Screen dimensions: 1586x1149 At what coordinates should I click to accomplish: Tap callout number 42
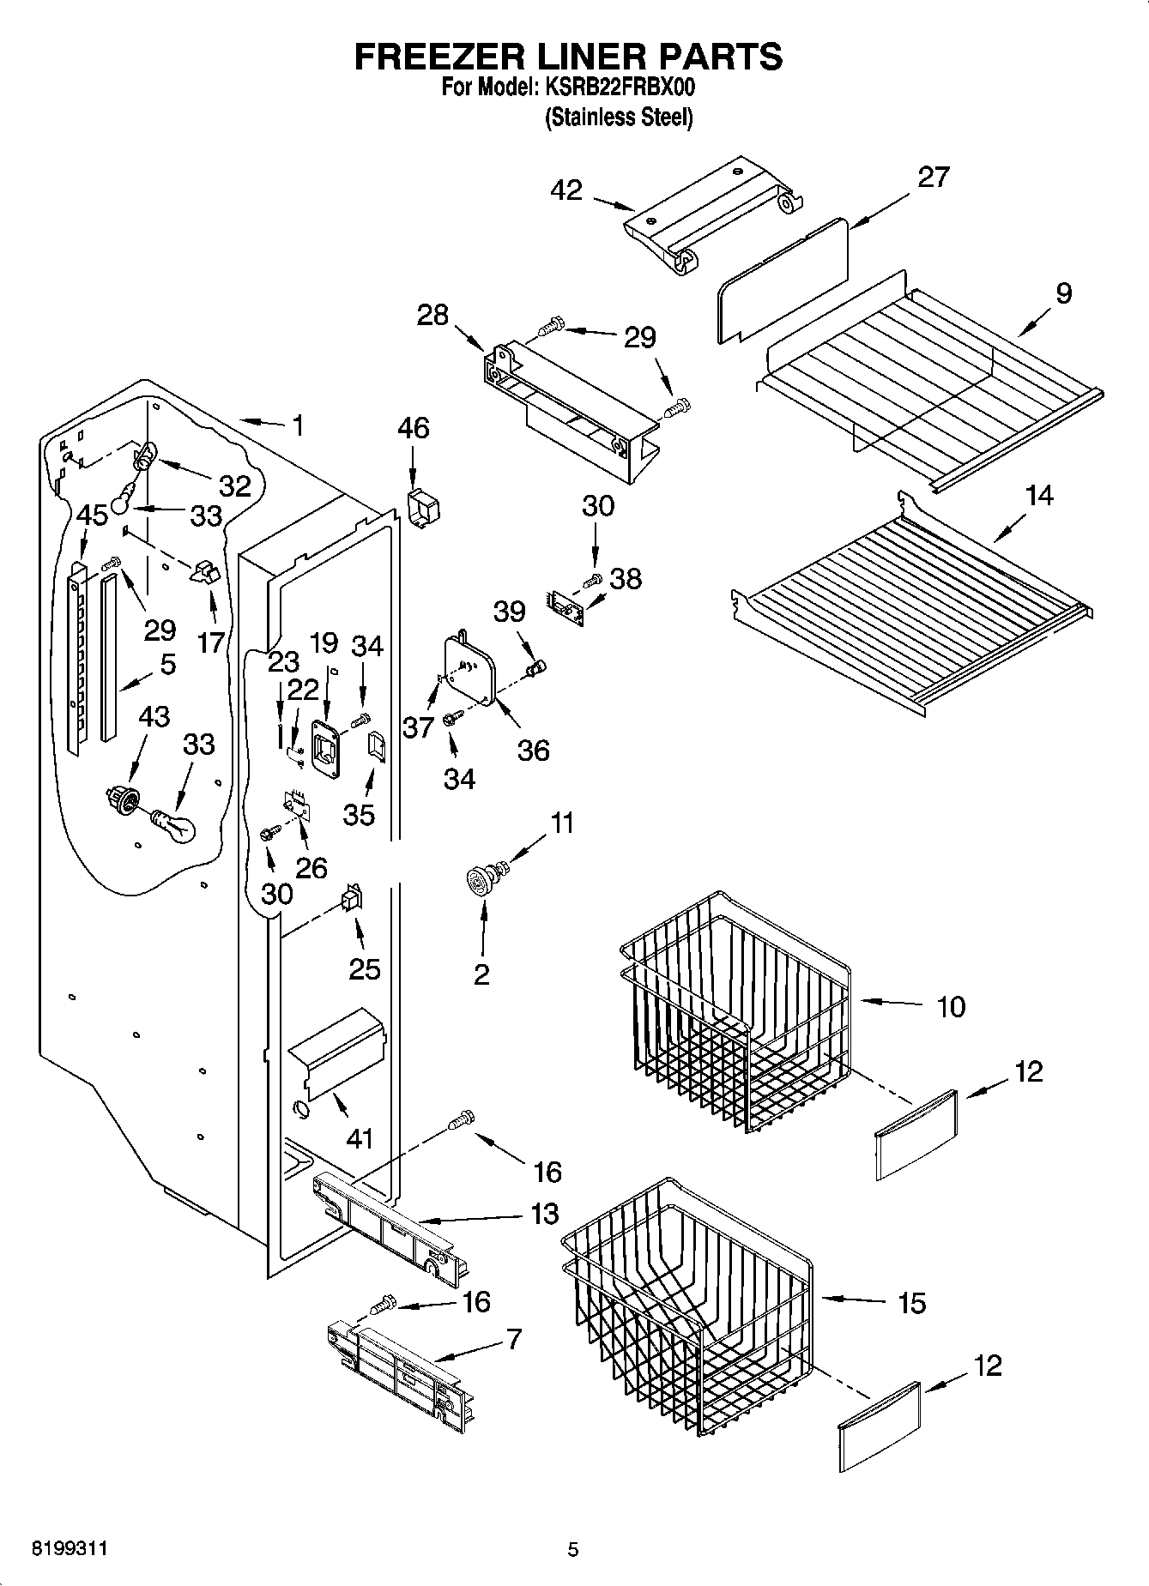click(x=567, y=190)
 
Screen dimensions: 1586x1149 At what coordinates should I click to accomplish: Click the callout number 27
click(x=934, y=177)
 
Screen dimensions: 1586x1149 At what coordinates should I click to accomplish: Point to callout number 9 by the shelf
click(x=1063, y=293)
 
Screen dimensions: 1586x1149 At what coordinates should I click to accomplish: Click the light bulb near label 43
click(x=175, y=825)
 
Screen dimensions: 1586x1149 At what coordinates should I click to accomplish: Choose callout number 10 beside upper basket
click(x=951, y=1006)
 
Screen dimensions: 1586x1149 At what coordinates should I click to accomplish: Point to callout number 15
click(x=911, y=1303)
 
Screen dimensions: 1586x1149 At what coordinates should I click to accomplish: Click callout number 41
click(x=360, y=1138)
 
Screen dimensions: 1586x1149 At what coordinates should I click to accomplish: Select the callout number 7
click(x=513, y=1338)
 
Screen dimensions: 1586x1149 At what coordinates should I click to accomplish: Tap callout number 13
click(x=544, y=1214)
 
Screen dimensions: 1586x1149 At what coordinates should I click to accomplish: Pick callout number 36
click(x=533, y=751)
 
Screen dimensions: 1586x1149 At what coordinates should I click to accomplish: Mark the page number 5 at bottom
click(x=572, y=1549)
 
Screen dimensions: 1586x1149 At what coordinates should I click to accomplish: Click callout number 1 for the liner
click(x=297, y=425)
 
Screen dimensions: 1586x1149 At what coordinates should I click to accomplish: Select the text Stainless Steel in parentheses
click(x=618, y=118)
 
